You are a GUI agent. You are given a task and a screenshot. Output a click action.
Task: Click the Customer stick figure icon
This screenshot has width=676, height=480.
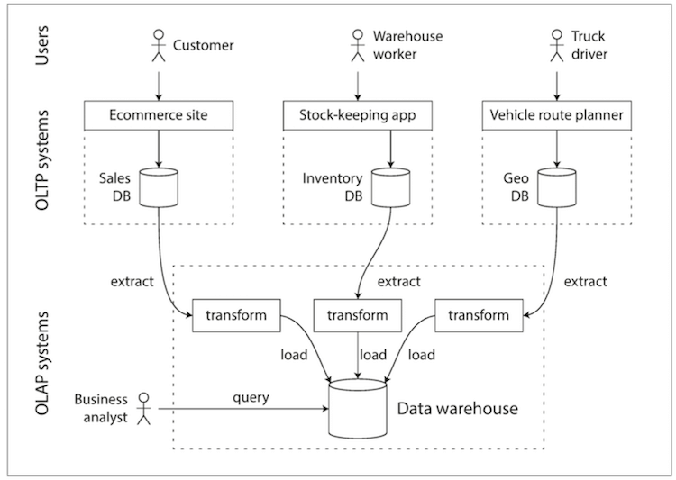tap(159, 45)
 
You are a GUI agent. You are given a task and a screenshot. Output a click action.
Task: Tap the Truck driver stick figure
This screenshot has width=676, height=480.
tap(557, 45)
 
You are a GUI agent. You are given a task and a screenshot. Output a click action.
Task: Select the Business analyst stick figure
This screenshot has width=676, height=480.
tap(143, 409)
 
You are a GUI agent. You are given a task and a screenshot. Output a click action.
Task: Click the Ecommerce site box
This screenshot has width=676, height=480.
tap(159, 115)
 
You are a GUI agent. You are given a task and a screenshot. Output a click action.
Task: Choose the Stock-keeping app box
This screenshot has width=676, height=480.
tap(358, 115)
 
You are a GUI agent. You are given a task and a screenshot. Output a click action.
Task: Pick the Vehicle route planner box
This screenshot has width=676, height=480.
tap(557, 115)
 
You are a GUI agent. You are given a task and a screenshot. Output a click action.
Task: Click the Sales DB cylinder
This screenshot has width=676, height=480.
tap(159, 187)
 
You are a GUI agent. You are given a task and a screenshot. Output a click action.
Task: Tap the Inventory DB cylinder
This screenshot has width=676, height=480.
tap(390, 187)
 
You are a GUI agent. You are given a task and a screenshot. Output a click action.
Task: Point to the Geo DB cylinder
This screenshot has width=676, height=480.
tap(557, 187)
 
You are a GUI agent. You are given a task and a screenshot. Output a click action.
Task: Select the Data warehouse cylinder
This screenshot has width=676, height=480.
tap(358, 409)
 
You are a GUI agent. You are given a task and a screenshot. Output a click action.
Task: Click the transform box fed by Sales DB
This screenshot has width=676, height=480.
tap(236, 315)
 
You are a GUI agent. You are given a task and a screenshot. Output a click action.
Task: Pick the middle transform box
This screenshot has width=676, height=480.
tap(358, 315)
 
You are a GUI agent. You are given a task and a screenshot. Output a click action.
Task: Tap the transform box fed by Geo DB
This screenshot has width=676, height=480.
tap(479, 315)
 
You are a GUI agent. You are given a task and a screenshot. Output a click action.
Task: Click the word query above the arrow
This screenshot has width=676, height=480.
tap(251, 397)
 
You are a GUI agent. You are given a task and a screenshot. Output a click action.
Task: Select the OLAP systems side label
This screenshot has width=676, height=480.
tap(41, 363)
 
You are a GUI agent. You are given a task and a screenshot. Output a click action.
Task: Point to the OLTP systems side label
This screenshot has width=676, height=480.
tap(41, 160)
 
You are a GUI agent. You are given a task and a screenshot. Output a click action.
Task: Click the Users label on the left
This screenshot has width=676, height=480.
tap(41, 45)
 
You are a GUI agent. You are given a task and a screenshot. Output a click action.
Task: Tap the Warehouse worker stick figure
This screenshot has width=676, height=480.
tap(358, 45)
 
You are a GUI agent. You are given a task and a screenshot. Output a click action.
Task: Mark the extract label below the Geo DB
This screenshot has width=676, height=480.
tap(586, 281)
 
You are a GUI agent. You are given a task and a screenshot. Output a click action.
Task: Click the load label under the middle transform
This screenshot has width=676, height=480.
tap(373, 355)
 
